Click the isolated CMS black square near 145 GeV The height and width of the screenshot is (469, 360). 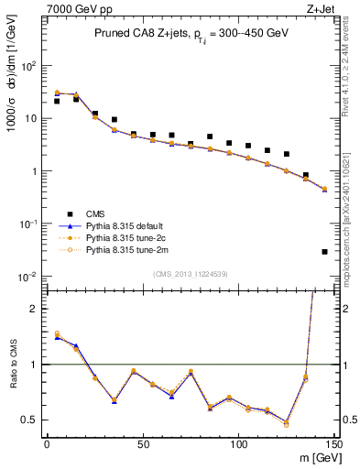click(x=325, y=251)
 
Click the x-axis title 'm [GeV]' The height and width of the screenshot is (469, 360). click(x=313, y=458)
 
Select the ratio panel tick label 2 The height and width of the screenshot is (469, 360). click(x=35, y=309)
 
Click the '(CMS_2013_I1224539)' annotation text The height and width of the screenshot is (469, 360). click(x=191, y=272)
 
